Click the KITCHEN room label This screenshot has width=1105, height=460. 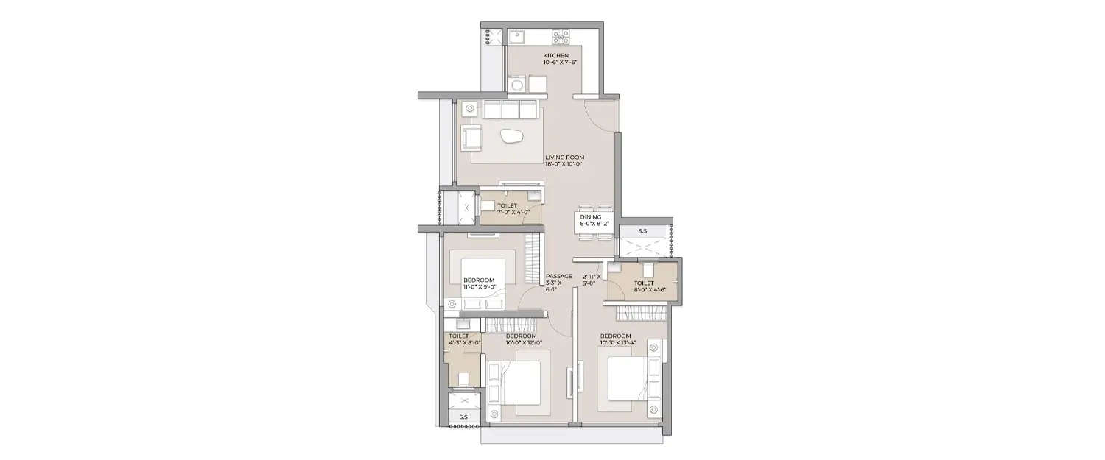pyautogui.click(x=556, y=56)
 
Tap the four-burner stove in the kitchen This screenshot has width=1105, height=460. pyautogui.click(x=561, y=35)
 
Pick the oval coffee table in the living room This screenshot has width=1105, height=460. pyautogui.click(x=511, y=135)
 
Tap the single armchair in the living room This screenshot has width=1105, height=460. pyautogui.click(x=471, y=137)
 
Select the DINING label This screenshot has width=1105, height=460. pyautogui.click(x=591, y=217)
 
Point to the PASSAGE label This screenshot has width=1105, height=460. pyautogui.click(x=558, y=276)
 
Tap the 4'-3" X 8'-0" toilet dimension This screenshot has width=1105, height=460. pyautogui.click(x=464, y=342)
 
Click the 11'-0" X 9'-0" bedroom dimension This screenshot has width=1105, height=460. pyautogui.click(x=480, y=287)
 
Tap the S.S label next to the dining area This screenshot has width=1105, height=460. pyautogui.click(x=642, y=231)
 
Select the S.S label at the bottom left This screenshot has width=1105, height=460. pyautogui.click(x=463, y=417)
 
